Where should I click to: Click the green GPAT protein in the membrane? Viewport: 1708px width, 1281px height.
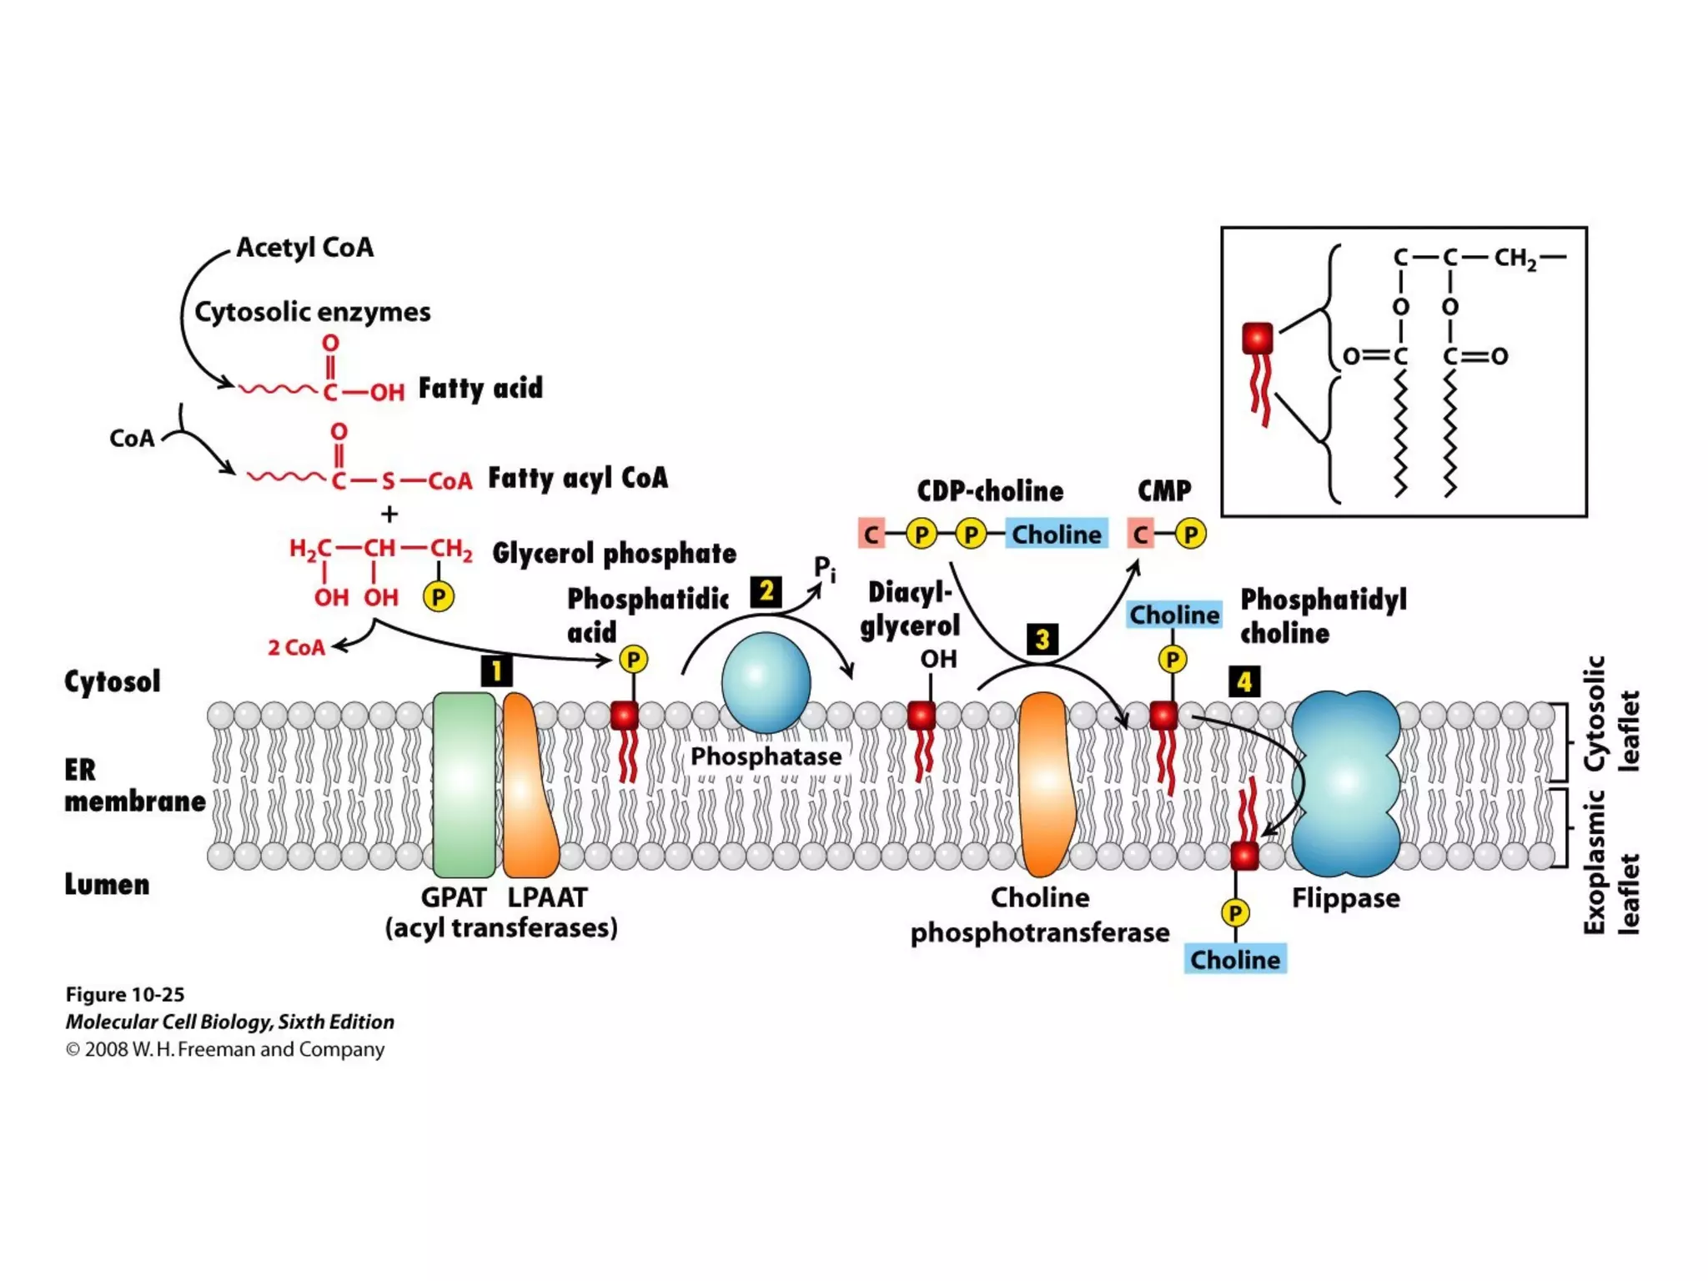(464, 784)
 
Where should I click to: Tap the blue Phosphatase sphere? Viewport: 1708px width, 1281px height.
(766, 682)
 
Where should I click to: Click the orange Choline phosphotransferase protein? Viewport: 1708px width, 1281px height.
(1044, 784)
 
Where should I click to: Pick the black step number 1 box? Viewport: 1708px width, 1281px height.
(496, 671)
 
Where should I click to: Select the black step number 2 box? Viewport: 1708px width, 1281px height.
(766, 591)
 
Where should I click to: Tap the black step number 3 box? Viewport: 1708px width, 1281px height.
(1042, 640)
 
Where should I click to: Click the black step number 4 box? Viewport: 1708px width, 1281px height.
(1244, 681)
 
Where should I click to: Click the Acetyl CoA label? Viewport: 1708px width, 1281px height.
(304, 248)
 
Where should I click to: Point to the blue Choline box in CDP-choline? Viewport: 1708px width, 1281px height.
(1057, 534)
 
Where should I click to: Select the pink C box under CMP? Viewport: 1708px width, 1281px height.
(1141, 534)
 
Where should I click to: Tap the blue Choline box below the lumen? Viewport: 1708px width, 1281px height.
(1235, 959)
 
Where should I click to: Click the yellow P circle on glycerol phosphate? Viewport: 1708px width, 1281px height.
(439, 596)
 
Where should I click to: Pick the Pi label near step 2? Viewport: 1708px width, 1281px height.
(824, 570)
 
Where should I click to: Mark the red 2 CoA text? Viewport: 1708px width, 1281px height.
(296, 647)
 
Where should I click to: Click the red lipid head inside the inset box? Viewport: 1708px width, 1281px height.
(1258, 339)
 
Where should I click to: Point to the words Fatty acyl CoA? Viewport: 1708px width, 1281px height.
(578, 478)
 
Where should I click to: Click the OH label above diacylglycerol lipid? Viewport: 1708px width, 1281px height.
(938, 659)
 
